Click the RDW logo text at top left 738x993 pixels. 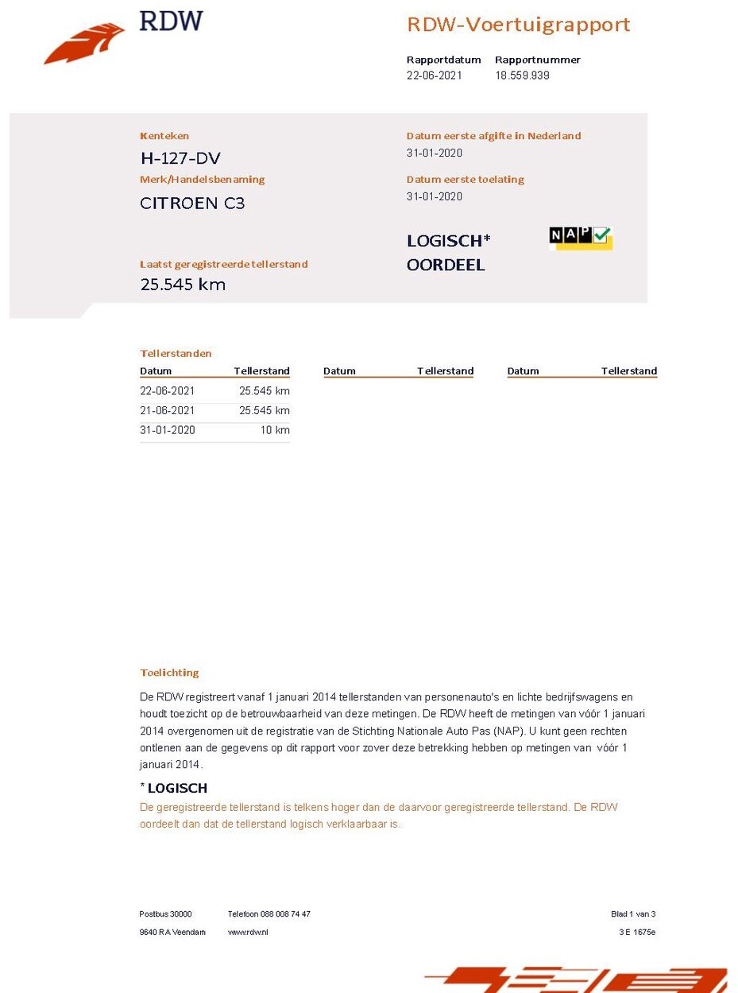point(171,21)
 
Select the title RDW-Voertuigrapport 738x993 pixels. point(518,25)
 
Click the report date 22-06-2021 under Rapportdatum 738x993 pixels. point(434,76)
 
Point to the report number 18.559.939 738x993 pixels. point(522,76)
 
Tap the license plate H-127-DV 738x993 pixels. point(180,158)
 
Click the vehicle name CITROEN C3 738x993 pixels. point(192,203)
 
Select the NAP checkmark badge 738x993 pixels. point(581,237)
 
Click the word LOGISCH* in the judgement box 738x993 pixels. point(449,241)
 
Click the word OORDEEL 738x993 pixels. point(446,265)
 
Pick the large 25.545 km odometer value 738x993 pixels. point(183,284)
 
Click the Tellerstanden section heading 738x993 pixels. point(176,353)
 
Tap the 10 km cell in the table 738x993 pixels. point(275,430)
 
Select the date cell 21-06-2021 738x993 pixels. point(167,410)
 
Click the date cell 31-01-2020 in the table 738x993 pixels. point(167,430)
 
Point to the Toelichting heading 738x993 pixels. point(169,673)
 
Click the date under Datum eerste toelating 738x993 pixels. point(434,196)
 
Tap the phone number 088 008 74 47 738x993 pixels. point(285,914)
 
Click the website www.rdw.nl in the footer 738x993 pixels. point(248,932)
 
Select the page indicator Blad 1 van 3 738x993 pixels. point(632,914)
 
